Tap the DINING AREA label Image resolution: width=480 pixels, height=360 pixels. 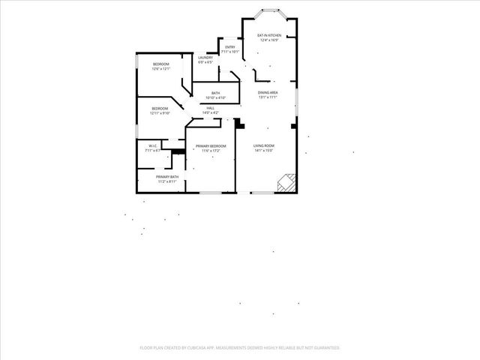(268, 92)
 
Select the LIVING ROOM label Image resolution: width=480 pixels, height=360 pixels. (262, 145)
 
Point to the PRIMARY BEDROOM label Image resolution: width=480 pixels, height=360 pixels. (211, 145)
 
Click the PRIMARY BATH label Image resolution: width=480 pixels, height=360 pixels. (167, 176)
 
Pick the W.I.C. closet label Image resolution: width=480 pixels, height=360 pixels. (152, 145)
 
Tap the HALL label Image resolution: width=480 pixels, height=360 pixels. (210, 108)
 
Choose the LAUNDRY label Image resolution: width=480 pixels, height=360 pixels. (205, 57)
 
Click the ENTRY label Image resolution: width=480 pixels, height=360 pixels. (229, 47)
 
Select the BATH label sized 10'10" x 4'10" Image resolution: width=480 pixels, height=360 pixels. (215, 93)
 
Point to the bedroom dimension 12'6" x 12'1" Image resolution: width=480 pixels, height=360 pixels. (160, 69)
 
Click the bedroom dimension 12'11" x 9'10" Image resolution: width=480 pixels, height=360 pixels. (160, 113)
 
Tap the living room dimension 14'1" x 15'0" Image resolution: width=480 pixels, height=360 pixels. (262, 150)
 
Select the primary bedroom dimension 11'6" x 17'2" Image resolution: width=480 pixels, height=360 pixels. (211, 151)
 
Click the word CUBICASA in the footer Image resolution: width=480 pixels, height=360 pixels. (191, 348)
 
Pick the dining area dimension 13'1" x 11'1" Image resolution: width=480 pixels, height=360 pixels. (268, 97)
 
